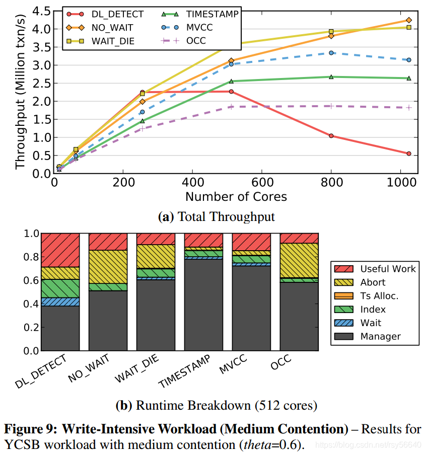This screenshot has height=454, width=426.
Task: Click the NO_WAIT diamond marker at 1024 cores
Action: (x=409, y=20)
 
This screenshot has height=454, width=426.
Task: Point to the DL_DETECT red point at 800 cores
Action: (x=331, y=136)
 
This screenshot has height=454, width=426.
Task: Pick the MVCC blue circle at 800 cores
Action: (x=331, y=53)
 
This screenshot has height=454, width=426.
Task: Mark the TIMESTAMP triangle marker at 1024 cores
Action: (x=409, y=78)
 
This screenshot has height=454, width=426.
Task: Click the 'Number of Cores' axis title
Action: (x=236, y=196)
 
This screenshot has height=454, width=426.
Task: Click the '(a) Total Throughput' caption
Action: (x=217, y=217)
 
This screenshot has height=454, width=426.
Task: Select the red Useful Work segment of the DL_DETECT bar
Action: (x=60, y=250)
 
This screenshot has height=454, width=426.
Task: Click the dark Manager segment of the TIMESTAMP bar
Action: (x=203, y=305)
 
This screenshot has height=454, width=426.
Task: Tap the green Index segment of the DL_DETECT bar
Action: (x=60, y=288)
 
